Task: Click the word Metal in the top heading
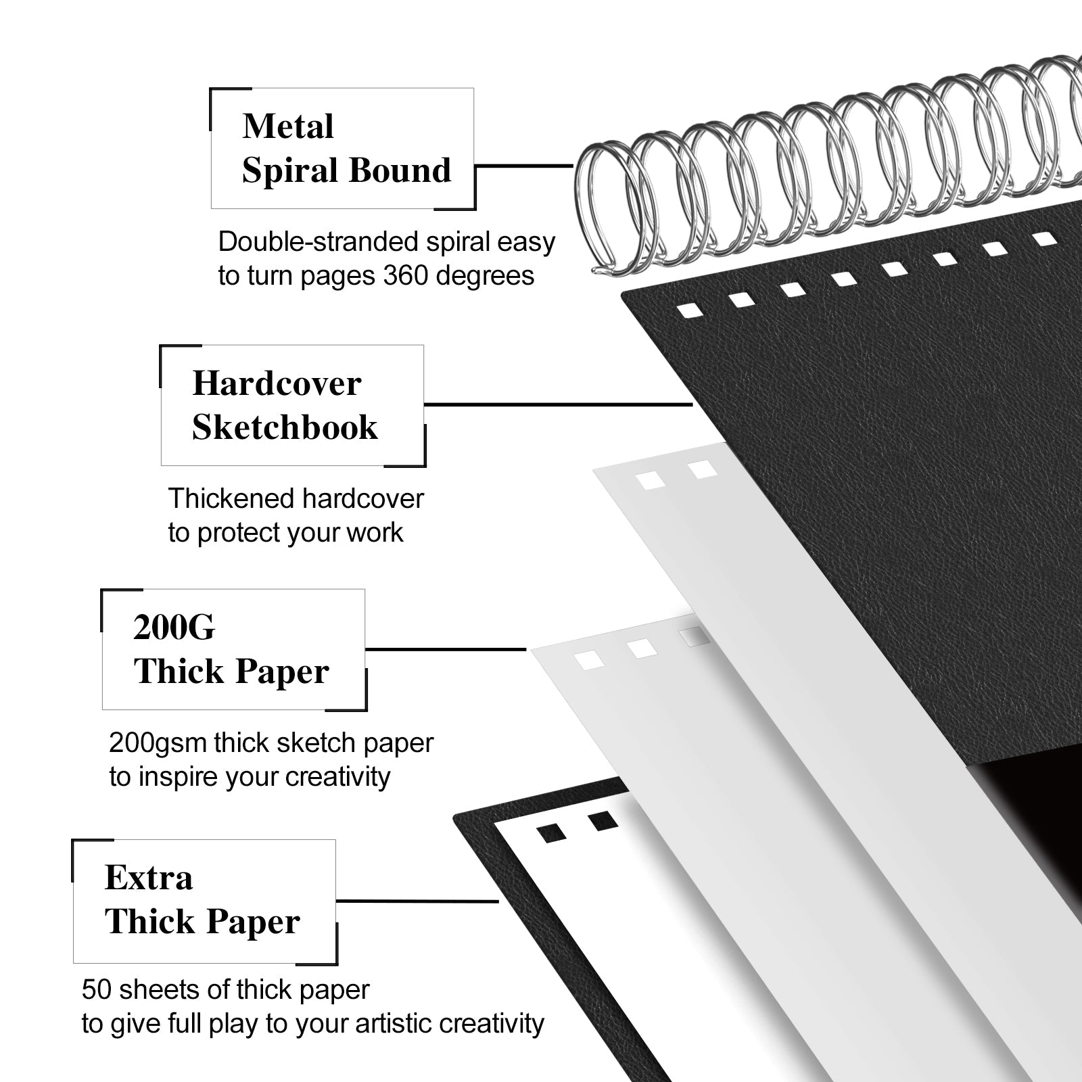(288, 126)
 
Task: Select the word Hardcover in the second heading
(277, 383)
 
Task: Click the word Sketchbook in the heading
(285, 427)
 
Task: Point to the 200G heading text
(174, 627)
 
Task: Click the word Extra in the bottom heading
(149, 878)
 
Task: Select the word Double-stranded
(310, 241)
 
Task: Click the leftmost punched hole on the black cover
(691, 310)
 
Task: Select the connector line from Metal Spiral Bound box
(524, 165)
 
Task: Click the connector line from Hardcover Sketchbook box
(559, 404)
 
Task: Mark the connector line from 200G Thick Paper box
(446, 649)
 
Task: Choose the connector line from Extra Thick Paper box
(417, 901)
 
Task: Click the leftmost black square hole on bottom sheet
(551, 832)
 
